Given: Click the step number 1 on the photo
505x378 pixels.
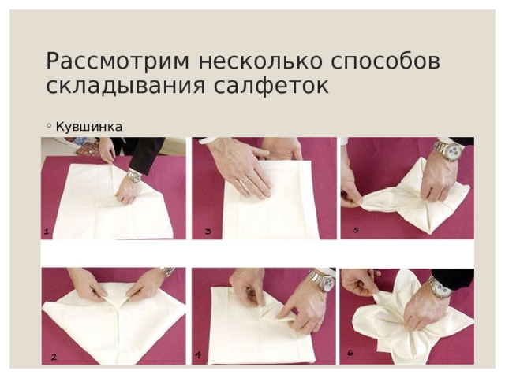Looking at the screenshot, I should click(x=47, y=231).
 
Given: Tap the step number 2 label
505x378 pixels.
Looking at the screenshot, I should click(x=53, y=357).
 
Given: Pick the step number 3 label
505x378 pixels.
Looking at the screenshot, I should click(x=207, y=231).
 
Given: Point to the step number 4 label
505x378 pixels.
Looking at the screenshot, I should click(x=197, y=355).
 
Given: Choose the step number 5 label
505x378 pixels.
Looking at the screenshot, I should click(x=356, y=230).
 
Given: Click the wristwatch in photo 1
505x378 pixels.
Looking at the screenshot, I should click(x=134, y=178).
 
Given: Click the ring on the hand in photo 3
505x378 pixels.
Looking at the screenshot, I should click(x=245, y=183).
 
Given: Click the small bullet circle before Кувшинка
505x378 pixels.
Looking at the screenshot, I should click(x=49, y=125).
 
